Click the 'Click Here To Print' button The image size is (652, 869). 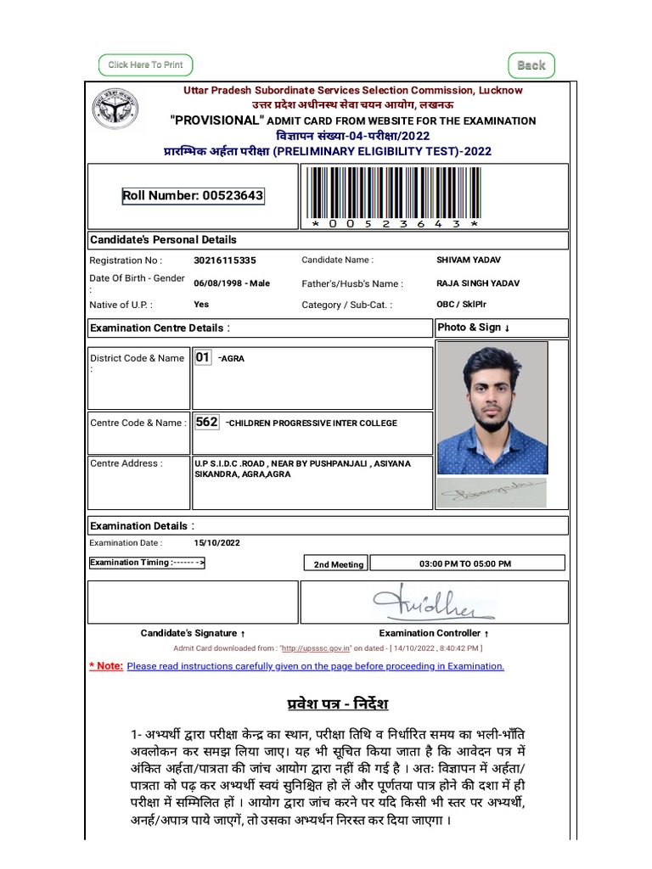[145, 64]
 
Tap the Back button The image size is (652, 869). [531, 65]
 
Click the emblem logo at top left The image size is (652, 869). [116, 109]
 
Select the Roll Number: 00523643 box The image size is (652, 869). [193, 196]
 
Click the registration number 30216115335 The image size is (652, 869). [224, 261]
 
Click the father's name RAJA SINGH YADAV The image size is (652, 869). [478, 283]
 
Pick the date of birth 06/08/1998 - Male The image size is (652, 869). [232, 283]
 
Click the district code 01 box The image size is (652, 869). [203, 357]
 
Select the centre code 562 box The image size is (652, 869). [206, 422]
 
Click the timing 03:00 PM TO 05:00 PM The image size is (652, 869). [465, 563]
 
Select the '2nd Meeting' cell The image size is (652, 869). [338, 564]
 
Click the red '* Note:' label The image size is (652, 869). [106, 666]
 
